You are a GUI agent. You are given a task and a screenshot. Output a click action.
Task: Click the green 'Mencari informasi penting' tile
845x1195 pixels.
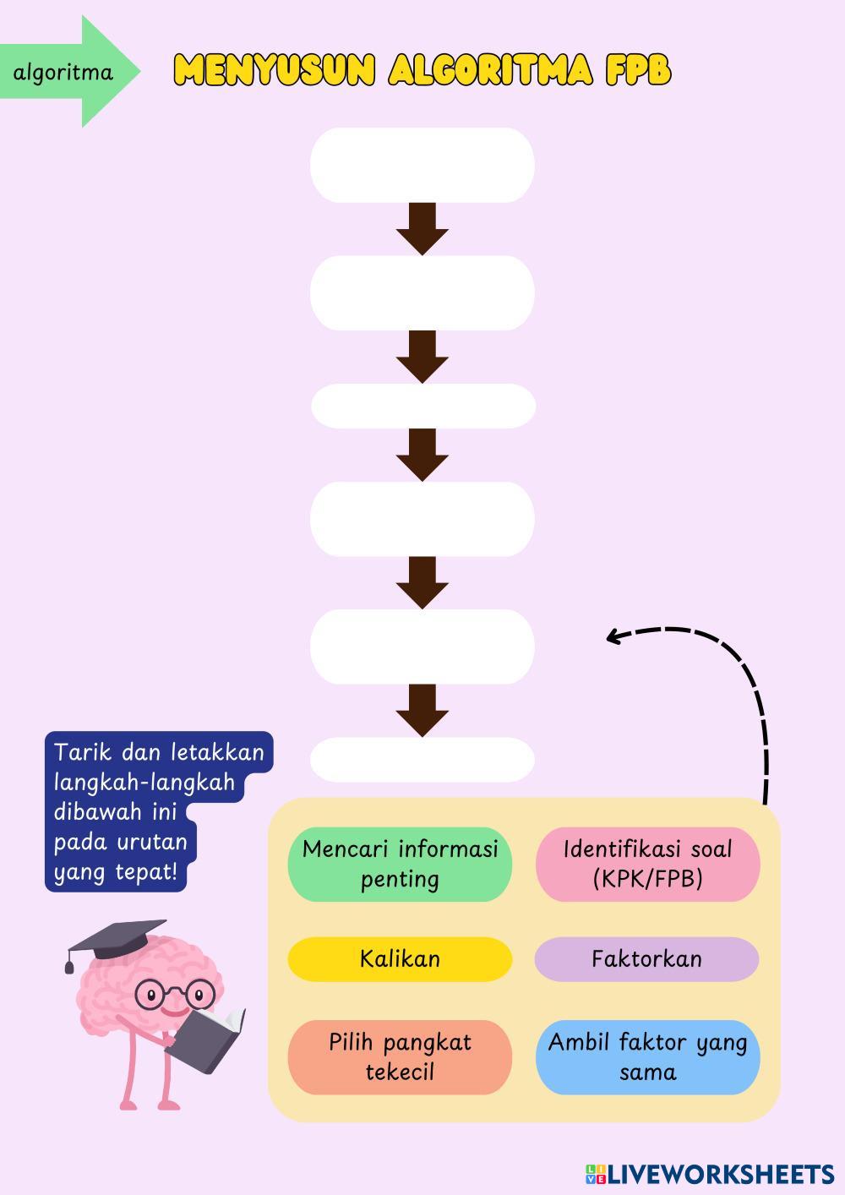pos(400,864)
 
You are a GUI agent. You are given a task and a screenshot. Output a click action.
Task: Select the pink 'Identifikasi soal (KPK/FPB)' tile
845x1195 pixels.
pos(647,864)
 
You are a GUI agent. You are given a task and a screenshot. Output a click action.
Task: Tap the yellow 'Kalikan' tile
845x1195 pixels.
pos(400,959)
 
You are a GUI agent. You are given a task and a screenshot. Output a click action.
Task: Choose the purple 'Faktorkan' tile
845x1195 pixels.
pos(646,959)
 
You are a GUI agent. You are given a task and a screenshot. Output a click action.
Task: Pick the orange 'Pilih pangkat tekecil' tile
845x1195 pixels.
pos(400,1057)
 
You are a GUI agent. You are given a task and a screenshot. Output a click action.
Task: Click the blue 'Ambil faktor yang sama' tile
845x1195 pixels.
pos(647,1057)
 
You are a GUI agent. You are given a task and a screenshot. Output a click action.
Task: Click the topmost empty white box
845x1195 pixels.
pos(422,165)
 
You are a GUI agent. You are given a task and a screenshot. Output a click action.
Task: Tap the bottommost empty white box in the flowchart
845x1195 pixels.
pos(422,760)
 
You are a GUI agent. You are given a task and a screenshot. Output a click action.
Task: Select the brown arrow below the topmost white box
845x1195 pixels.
pos(422,228)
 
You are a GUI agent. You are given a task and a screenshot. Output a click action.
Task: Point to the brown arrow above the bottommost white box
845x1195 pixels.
pos(422,710)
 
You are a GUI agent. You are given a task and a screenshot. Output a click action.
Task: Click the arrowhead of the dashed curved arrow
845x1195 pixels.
pos(613,636)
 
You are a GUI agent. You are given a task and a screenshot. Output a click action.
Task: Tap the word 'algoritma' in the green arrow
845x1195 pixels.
pos(63,73)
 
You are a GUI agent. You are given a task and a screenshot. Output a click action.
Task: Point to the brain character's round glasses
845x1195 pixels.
pos(173,992)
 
